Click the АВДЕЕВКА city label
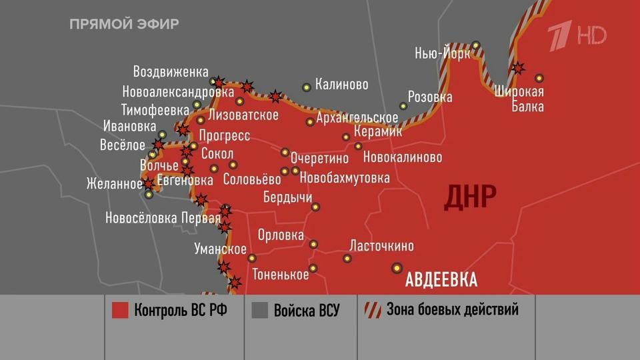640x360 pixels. pos(441,279)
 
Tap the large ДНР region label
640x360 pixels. pos(471,197)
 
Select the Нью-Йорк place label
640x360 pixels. pos(442,53)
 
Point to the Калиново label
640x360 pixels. pos(341,85)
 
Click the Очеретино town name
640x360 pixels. pos(320,158)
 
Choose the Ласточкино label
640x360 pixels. pos(381,246)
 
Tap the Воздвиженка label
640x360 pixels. pos(171,71)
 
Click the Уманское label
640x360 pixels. pos(221,250)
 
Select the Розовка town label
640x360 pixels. pos(430,97)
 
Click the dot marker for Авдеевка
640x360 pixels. pos(397,268)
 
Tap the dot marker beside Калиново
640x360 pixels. pos(307,87)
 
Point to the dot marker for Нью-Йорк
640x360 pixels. pos(476,46)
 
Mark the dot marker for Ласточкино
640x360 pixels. pos(347,259)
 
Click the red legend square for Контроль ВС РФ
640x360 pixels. pos(121,311)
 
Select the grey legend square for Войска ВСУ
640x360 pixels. pos(260,311)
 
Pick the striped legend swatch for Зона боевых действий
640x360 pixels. pos(371,310)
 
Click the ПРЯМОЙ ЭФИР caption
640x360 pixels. pos(124,25)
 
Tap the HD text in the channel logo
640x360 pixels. pos(592,35)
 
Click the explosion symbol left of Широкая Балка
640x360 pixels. pos(517,67)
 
